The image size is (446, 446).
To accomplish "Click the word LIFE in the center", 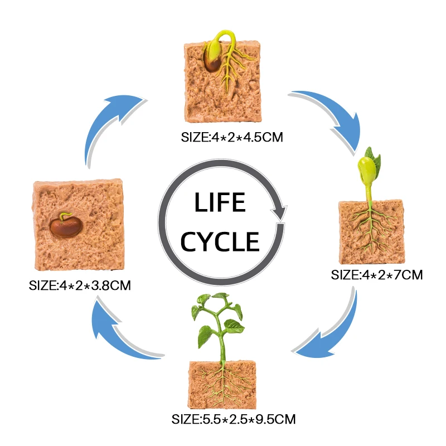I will [220, 203].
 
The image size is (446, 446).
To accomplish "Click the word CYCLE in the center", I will [221, 242].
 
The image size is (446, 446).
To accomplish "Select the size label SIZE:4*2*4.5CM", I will [229, 136].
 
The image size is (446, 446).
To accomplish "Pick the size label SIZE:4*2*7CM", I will [377, 274].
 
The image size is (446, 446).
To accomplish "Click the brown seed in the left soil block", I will [65, 226].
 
